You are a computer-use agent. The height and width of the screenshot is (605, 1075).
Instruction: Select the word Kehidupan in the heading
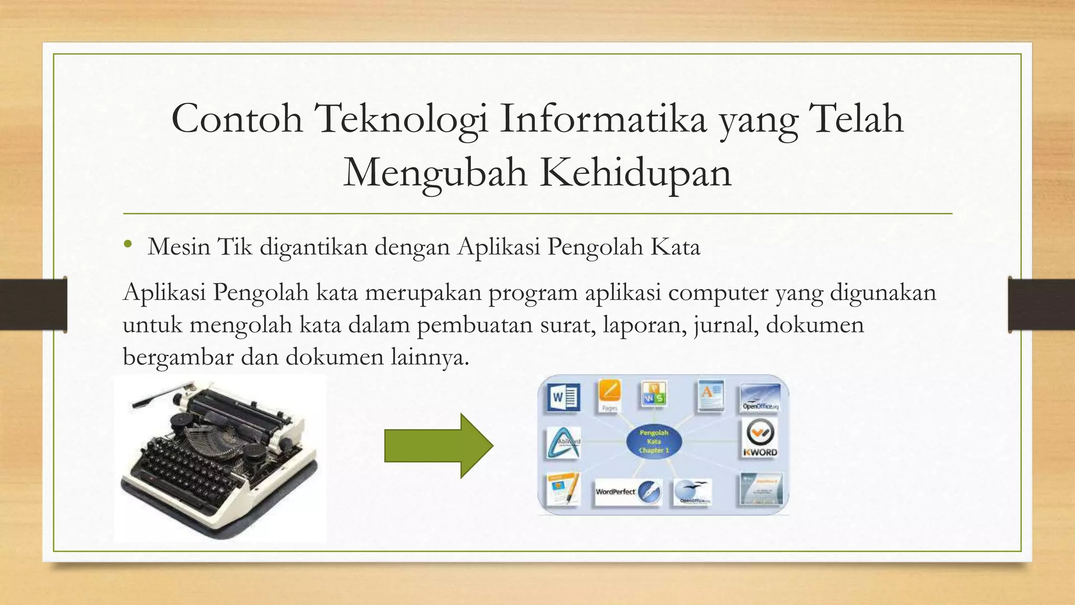click(x=636, y=173)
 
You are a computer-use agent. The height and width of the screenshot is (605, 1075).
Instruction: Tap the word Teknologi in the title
click(x=401, y=119)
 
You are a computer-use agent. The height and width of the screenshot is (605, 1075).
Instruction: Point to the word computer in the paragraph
click(x=718, y=293)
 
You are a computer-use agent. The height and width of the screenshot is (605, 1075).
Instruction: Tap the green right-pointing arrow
click(x=438, y=445)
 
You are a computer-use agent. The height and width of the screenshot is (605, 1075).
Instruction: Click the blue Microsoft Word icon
click(x=564, y=398)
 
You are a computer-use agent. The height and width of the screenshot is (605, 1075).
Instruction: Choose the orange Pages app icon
click(x=609, y=395)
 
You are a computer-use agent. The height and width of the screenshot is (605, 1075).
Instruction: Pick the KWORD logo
click(x=760, y=439)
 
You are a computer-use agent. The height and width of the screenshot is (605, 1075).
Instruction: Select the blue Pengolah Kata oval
click(x=654, y=442)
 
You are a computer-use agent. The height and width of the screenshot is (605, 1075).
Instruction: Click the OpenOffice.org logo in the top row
click(x=760, y=398)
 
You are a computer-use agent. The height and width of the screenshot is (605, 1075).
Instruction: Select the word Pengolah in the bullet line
click(x=595, y=247)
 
